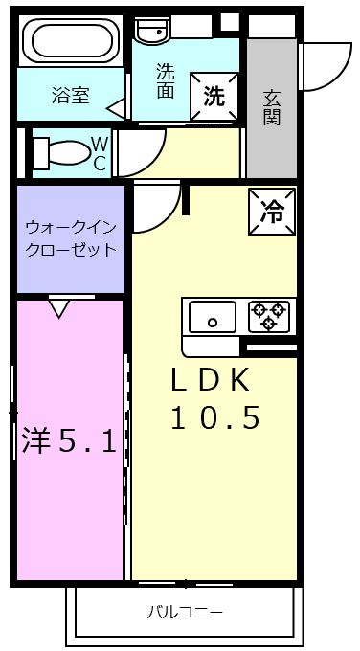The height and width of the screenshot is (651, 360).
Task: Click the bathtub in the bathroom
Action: pyautogui.click(x=71, y=40)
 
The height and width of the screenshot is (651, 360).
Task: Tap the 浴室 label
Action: pyautogui.click(x=71, y=96)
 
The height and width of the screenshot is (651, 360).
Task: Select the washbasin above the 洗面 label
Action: pyautogui.click(x=152, y=30)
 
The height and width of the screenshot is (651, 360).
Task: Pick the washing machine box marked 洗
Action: pyautogui.click(x=214, y=97)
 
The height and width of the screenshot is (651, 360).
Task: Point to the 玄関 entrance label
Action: pyautogui.click(x=272, y=108)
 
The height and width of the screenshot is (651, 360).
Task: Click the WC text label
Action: pyautogui.click(x=100, y=154)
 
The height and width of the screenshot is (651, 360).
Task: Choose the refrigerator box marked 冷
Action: pyautogui.click(x=272, y=212)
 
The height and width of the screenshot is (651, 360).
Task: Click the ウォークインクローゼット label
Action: pyautogui.click(x=70, y=239)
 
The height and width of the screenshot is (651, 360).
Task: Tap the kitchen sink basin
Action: pyautogui.click(x=213, y=317)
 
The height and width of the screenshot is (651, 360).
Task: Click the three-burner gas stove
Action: pyautogui.click(x=269, y=317)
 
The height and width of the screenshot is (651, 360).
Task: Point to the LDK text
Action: pyautogui.click(x=211, y=381)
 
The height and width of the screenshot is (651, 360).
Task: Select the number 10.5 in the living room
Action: pyautogui.click(x=215, y=416)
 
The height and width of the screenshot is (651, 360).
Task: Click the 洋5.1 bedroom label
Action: pyautogui.click(x=69, y=440)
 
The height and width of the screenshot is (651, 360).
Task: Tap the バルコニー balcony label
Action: pyautogui.click(x=185, y=612)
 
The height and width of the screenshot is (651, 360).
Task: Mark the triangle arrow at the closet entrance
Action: pyautogui.click(x=59, y=309)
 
